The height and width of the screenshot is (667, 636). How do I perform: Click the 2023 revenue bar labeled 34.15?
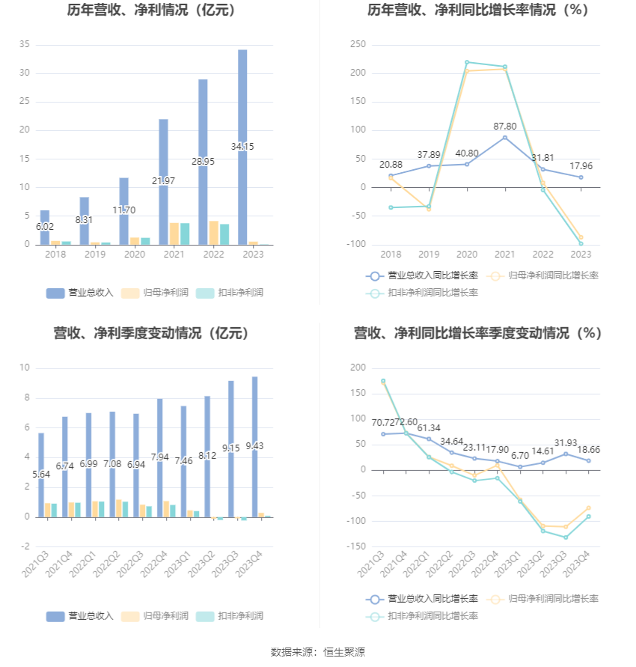tap(242, 147)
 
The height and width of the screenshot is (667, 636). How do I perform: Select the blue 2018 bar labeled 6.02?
tap(45, 228)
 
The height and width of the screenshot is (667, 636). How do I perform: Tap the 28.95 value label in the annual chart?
tap(203, 162)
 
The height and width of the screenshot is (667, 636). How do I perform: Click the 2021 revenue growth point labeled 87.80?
tap(504, 138)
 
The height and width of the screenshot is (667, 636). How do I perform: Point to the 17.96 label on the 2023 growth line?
tap(581, 166)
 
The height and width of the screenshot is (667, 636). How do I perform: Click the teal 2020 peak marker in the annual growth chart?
tap(467, 62)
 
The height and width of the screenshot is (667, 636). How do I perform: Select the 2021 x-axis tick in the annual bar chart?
tap(174, 255)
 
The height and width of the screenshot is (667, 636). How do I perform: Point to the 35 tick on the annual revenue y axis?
tap(24, 44)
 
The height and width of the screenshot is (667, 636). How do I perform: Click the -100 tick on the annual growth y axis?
tap(356, 244)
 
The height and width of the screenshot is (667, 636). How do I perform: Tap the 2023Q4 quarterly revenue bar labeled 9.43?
tap(254, 447)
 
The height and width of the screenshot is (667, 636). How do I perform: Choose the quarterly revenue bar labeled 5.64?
tap(41, 475)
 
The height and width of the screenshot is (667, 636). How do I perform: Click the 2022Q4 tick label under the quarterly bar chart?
tap(154, 564)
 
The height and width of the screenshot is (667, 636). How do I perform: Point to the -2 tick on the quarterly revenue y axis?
tap(25, 546)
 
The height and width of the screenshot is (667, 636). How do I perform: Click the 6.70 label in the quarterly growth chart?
tap(519, 456)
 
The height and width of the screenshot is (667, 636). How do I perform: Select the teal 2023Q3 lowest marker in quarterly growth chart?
tap(566, 537)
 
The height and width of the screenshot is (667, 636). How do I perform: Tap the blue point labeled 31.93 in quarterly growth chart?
tap(566, 454)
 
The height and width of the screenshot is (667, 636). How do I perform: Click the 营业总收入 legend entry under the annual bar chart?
tap(80, 293)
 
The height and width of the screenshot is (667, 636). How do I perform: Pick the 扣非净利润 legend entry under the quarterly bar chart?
tap(230, 616)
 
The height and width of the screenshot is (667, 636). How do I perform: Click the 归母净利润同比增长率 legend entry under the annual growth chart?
tap(542, 275)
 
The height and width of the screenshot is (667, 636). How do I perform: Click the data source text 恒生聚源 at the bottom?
tap(344, 652)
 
